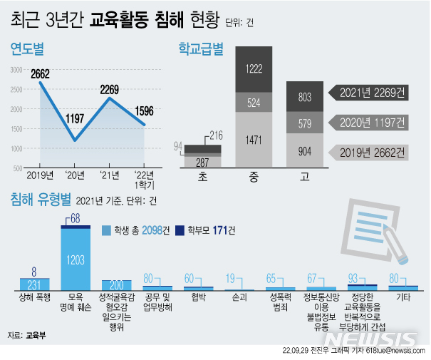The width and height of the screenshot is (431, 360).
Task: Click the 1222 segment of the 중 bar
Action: point(253,69)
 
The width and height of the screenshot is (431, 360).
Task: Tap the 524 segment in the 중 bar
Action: point(253,103)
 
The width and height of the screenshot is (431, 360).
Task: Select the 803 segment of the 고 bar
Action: point(304,96)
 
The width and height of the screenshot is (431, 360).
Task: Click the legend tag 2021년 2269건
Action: point(371,92)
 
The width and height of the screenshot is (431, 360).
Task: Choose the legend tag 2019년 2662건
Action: point(371,152)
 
